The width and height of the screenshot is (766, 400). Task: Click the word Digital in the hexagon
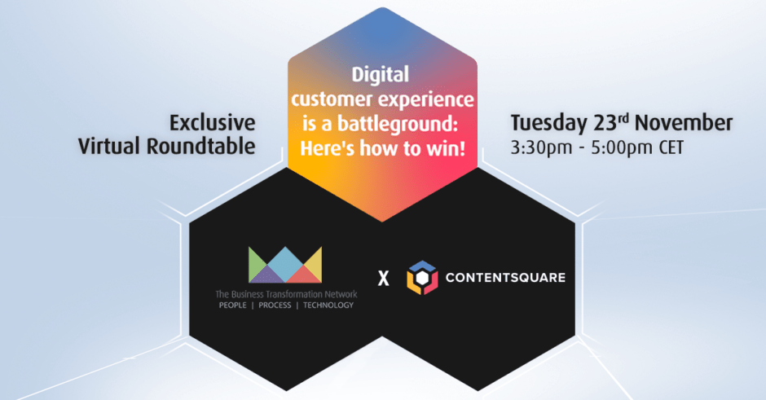point(380,75)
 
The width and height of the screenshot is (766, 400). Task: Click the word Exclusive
point(213,122)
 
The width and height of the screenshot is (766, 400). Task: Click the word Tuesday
point(548,124)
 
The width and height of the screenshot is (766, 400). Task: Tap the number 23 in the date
point(605,123)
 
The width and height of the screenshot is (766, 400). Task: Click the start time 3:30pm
point(541,148)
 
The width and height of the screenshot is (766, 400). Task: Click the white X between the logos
point(384,279)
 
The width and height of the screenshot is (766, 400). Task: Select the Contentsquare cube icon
point(422,278)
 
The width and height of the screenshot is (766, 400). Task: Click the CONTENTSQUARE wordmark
point(505,278)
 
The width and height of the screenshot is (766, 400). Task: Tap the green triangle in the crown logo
point(256,264)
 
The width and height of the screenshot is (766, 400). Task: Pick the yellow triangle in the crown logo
point(315,264)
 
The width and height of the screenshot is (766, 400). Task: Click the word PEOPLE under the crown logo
point(232,305)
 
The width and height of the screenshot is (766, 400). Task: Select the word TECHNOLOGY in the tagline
point(328,305)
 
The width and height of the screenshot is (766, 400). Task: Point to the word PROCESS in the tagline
point(275,305)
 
